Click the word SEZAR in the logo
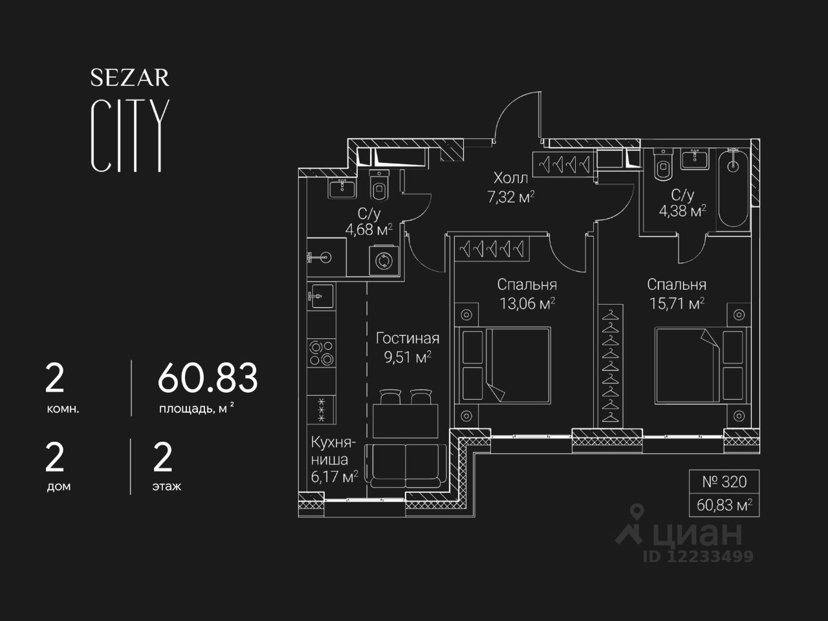click(129, 78)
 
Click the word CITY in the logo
click(129, 136)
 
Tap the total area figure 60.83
click(208, 378)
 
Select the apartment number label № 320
click(724, 482)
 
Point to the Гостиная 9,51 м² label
click(408, 347)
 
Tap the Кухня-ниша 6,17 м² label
click(334, 460)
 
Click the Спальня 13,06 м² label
click(527, 294)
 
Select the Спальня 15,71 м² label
click(676, 294)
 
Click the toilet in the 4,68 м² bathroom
click(379, 186)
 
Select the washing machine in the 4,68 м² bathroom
click(383, 261)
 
